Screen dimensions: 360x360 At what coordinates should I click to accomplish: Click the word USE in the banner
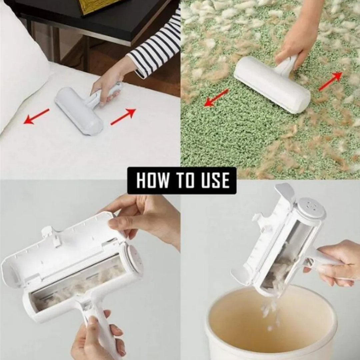(x=216, y=181)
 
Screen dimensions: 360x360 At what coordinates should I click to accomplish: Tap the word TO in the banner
(x=185, y=181)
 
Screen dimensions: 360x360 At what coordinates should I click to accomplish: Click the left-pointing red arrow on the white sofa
(x=36, y=116)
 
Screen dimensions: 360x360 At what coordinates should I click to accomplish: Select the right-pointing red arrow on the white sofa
(x=123, y=117)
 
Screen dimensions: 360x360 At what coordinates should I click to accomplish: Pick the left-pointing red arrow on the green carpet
(x=216, y=98)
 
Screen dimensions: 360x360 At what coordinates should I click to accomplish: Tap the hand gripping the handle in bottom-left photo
(x=97, y=340)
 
